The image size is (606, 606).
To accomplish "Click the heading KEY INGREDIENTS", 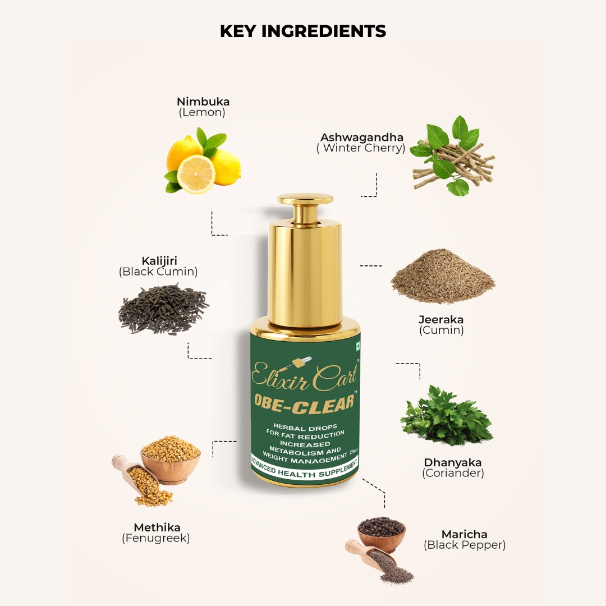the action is [302, 31].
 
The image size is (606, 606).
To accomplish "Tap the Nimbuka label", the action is [203, 102].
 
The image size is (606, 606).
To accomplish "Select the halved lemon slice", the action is [196, 175].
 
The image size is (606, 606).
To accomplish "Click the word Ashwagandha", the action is [362, 137].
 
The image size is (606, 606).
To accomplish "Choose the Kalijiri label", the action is [159, 260].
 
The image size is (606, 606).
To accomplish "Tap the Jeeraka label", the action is [441, 320].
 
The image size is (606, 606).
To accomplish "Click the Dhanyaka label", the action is [453, 462].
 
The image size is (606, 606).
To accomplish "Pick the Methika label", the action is [157, 527].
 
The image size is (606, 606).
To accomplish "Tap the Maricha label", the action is [464, 534].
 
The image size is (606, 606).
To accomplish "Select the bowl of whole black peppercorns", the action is [381, 532].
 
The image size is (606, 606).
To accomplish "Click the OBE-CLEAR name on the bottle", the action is [305, 403].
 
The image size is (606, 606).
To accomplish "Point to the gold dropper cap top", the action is [305, 199].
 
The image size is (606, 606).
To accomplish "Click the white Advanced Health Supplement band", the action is [305, 469].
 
